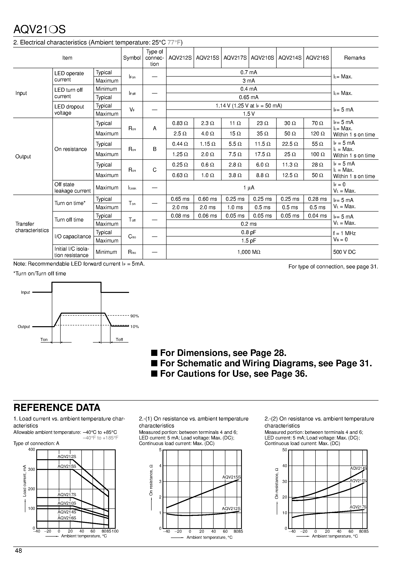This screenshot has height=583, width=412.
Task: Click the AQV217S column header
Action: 235,58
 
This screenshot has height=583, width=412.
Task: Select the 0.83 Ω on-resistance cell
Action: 180,123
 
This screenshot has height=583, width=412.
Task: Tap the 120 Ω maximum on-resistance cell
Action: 317,134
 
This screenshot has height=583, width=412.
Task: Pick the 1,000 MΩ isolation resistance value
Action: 249,252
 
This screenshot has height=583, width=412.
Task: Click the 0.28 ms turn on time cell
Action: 317,199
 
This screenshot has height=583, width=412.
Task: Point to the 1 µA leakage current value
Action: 249,188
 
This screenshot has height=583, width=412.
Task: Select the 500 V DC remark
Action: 344,252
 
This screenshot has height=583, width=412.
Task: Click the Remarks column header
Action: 355,58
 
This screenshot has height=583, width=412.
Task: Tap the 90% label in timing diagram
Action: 134,316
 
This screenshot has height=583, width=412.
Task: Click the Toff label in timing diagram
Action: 119,340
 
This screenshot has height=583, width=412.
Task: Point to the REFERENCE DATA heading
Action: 57,408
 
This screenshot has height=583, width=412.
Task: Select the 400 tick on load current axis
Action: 32,450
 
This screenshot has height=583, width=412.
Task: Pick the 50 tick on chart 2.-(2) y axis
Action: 285,450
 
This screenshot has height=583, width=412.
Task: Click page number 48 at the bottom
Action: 19,551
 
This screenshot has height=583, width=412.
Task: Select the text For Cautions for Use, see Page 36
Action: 234,374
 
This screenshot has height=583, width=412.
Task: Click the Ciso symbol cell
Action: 132,237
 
